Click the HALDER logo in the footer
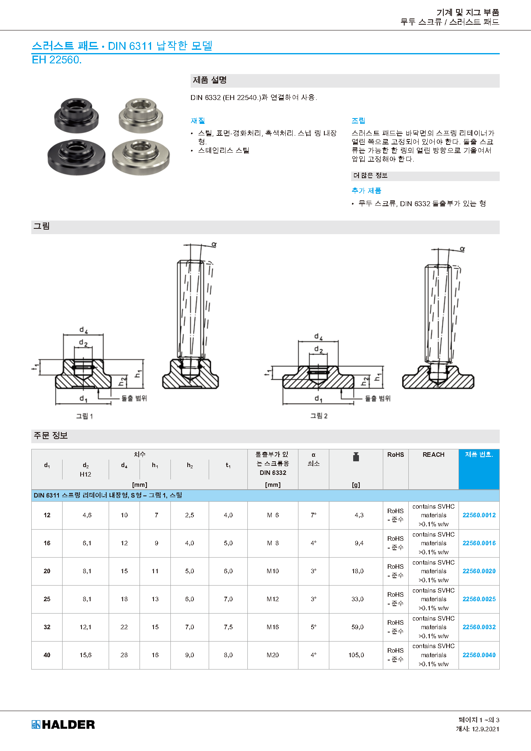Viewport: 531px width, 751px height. (x=63, y=724)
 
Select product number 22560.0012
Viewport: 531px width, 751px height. (x=479, y=515)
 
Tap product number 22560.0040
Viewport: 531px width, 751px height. (x=479, y=655)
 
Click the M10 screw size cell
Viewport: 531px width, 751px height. (x=272, y=571)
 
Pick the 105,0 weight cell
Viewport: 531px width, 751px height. (x=356, y=655)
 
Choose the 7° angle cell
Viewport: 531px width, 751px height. (x=314, y=515)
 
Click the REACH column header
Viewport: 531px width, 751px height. (x=433, y=455)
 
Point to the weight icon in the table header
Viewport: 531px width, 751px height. (x=356, y=457)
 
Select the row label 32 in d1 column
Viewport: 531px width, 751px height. (x=47, y=627)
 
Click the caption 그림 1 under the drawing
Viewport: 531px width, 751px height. (x=84, y=416)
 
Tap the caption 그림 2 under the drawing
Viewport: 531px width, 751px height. (x=319, y=416)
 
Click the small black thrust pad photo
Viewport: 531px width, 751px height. (x=77, y=115)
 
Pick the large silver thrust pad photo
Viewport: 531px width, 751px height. (x=141, y=156)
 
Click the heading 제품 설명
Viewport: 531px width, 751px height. (x=210, y=80)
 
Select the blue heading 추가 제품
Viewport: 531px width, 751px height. (x=366, y=191)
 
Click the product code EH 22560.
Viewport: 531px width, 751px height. (x=57, y=60)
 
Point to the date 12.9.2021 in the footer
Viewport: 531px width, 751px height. (x=485, y=729)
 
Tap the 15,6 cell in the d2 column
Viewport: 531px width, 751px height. (x=86, y=655)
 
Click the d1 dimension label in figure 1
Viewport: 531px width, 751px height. (x=83, y=399)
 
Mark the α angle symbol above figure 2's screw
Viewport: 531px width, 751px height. (x=462, y=249)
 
